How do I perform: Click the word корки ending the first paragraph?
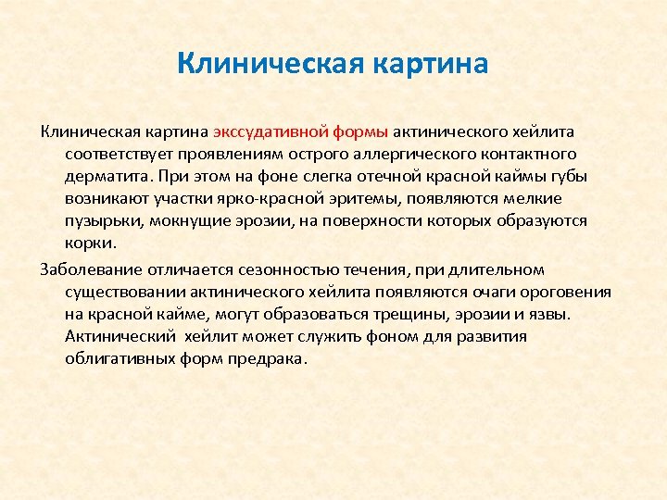coord(89,244)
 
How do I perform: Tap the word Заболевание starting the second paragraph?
coord(88,269)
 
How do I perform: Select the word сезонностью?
coord(283,269)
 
